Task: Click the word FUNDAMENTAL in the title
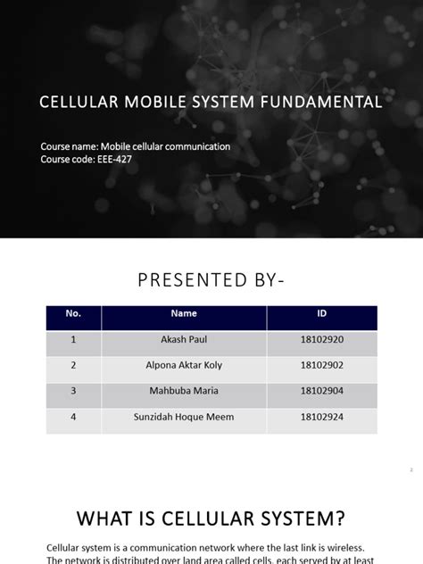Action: click(x=323, y=103)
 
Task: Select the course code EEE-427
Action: click(x=116, y=159)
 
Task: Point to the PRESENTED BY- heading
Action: click(x=211, y=282)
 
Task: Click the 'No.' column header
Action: click(x=73, y=314)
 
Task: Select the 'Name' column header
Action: click(x=183, y=314)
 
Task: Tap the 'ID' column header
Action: click(x=322, y=314)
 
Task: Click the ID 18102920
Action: click(x=321, y=340)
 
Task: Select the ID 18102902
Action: click(x=321, y=365)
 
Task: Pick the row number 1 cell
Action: click(x=73, y=340)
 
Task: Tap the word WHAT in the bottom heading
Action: click(x=104, y=518)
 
